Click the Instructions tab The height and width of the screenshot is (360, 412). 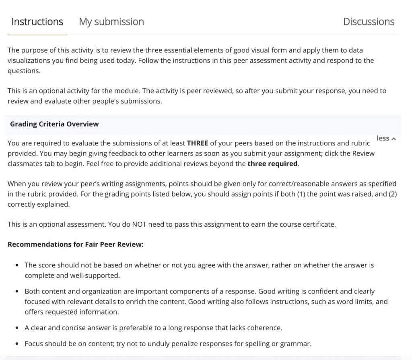click(37, 22)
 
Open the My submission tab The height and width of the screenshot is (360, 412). click(111, 22)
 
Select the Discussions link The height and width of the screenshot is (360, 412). click(369, 22)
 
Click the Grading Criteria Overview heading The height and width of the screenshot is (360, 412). click(54, 124)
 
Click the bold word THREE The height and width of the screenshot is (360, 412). click(197, 143)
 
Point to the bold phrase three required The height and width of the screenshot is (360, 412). click(272, 163)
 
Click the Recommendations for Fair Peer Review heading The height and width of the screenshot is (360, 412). click(76, 244)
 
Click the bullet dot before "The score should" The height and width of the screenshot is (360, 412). click(16, 265)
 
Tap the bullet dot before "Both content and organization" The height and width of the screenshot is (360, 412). click(16, 291)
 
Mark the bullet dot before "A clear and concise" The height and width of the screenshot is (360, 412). click(16, 328)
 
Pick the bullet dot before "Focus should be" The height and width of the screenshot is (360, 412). click(16, 344)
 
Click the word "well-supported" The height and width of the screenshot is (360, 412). click(96, 276)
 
